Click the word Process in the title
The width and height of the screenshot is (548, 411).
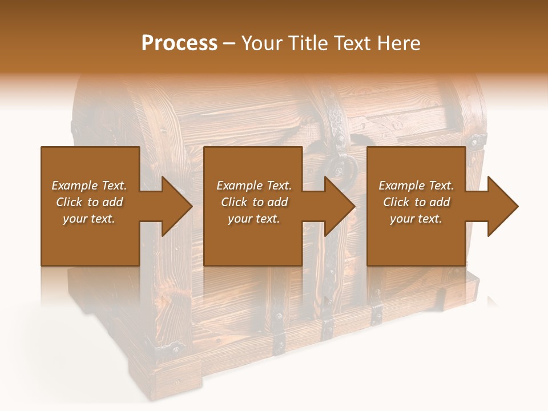click(x=179, y=43)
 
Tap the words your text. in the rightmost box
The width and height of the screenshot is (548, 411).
click(x=416, y=219)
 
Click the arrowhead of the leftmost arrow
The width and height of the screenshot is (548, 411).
click(x=177, y=206)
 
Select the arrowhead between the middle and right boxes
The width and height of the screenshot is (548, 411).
click(x=340, y=206)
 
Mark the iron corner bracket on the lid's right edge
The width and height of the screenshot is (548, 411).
click(x=476, y=140)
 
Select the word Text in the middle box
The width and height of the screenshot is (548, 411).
click(x=279, y=186)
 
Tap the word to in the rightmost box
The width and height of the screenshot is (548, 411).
click(x=420, y=202)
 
